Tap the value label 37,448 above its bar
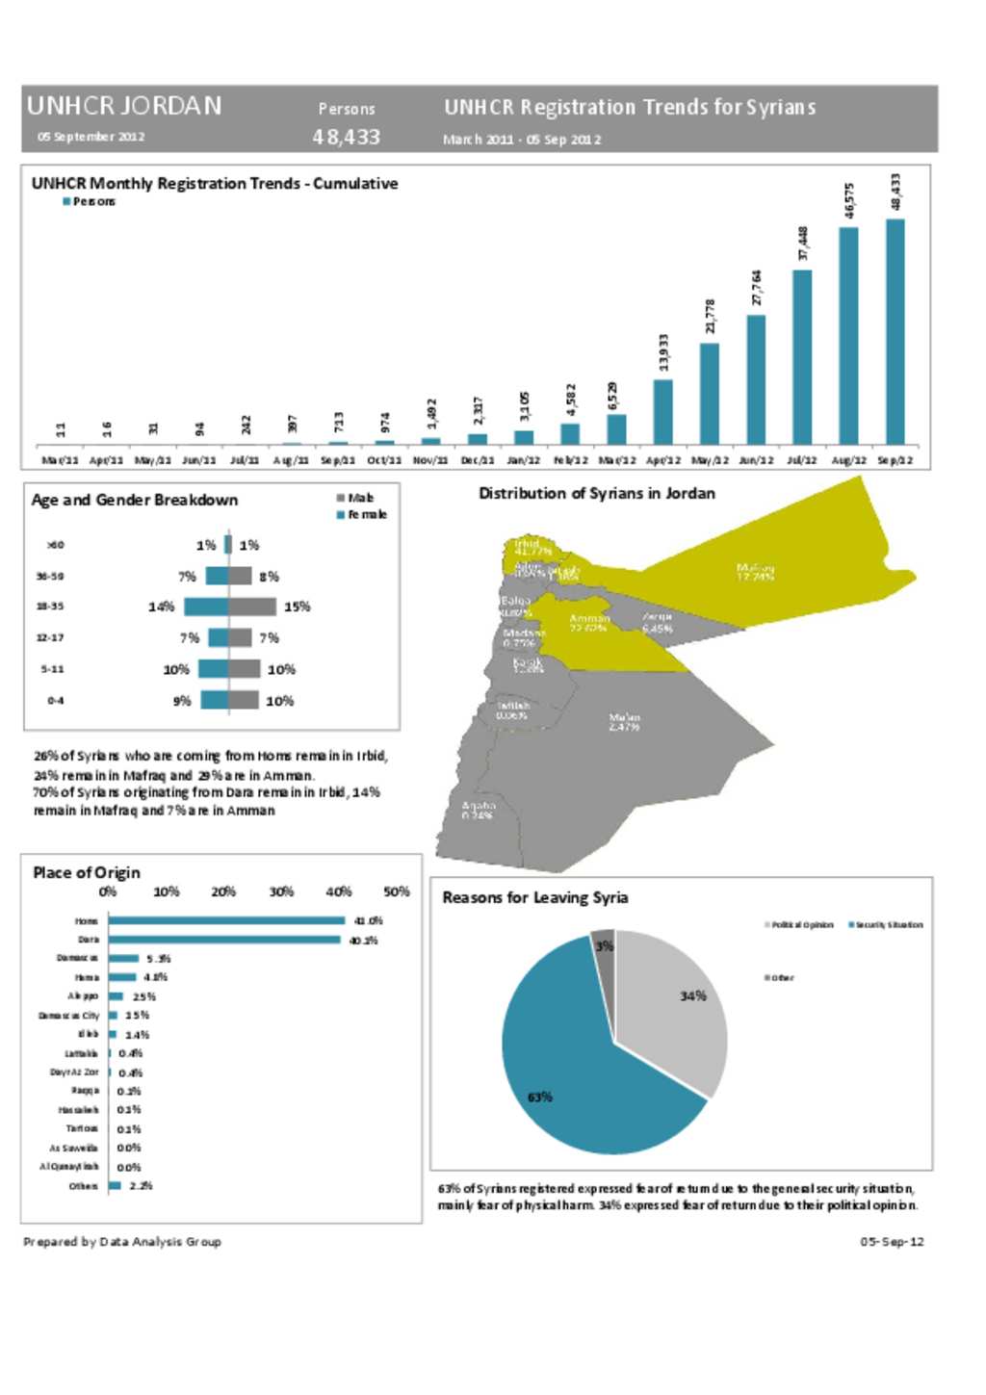tap(803, 244)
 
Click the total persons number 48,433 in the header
tap(346, 137)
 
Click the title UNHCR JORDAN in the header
tap(124, 106)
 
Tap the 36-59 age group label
tap(50, 576)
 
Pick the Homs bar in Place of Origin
tap(226, 921)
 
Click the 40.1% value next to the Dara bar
tap(363, 941)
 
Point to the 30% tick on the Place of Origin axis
tap(281, 891)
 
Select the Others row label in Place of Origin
tap(83, 1186)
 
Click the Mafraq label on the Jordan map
tap(755, 572)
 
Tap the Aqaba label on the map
tap(479, 810)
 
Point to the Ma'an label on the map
tap(624, 722)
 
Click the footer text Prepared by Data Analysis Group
tap(122, 1242)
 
